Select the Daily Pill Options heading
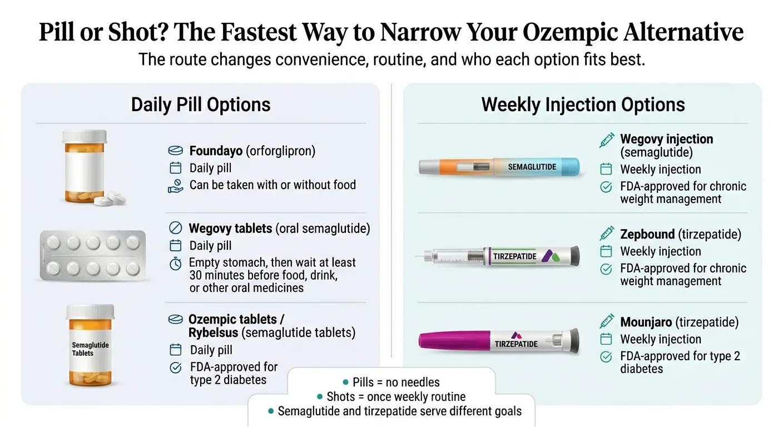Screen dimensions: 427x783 201,105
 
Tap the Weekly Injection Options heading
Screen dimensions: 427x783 583,105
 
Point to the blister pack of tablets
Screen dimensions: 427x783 93,255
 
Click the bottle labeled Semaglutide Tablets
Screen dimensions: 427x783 90,345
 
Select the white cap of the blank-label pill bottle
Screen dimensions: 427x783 84,136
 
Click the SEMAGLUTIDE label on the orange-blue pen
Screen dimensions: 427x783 532,167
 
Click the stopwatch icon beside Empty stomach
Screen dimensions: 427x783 175,264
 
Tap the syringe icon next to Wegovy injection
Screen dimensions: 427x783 606,140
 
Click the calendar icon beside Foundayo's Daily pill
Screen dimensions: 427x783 175,168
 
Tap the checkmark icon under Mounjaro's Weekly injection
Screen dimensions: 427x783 606,357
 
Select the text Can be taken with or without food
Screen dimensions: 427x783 272,185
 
